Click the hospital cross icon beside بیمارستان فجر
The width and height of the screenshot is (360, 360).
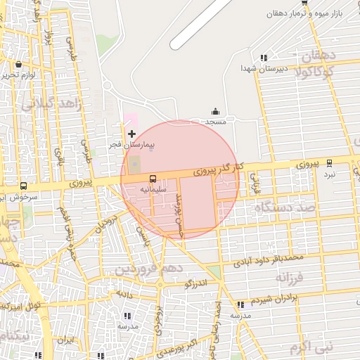[x=131, y=134]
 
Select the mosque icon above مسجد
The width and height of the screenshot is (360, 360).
[x=215, y=112]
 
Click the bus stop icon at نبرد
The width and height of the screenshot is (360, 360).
[x=330, y=162]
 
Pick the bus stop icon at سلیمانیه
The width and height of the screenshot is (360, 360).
[x=153, y=178]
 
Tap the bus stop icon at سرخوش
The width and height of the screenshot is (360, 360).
[x=23, y=186]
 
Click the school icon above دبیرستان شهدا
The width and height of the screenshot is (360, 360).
[x=264, y=58]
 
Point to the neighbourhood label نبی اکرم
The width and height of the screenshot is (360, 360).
[x=313, y=347]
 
